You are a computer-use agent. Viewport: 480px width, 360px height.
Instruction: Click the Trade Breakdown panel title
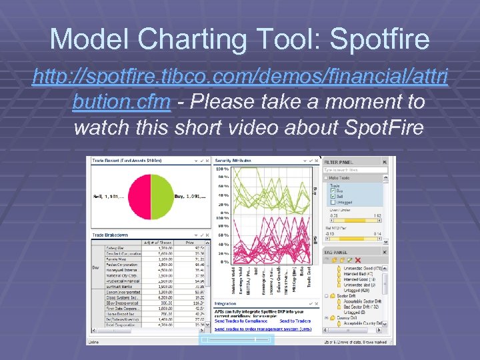(110, 235)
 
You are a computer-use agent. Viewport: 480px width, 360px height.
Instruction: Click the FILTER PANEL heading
(339, 161)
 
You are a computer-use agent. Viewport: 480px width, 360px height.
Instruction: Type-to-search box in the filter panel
(355, 170)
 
